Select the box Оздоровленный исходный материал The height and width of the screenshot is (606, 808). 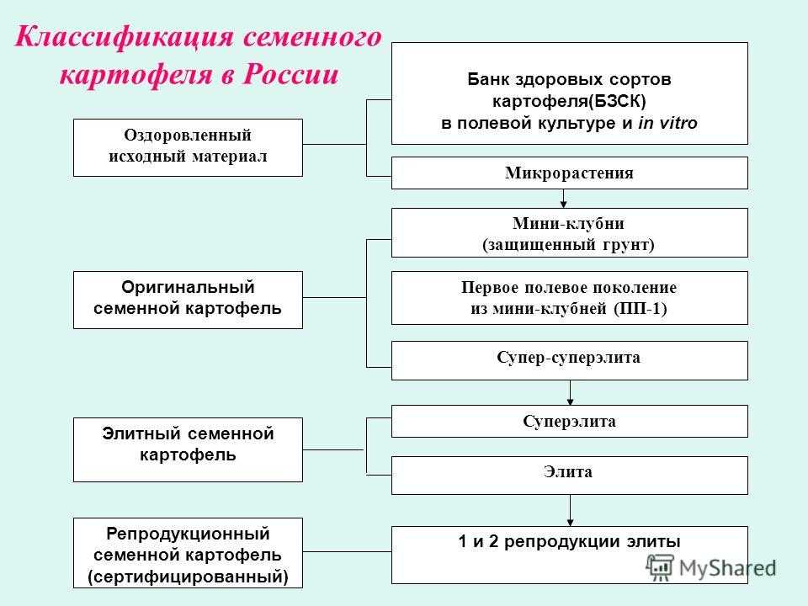click(x=188, y=147)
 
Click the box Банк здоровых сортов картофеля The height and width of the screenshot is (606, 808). click(x=570, y=93)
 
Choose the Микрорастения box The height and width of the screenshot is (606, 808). click(x=570, y=173)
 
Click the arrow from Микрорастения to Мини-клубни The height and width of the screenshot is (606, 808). click(x=564, y=198)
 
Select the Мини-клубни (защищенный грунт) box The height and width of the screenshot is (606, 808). click(x=570, y=232)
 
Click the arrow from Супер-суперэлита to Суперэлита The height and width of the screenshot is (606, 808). click(x=571, y=392)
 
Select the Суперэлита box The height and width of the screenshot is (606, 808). click(x=570, y=421)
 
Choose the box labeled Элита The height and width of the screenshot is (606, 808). click(x=570, y=474)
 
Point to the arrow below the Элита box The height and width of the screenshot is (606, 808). click(x=571, y=510)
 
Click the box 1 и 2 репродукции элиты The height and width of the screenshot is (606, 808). click(x=570, y=554)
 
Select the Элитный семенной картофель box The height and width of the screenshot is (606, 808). click(x=188, y=449)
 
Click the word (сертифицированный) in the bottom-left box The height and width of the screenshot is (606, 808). click(x=188, y=577)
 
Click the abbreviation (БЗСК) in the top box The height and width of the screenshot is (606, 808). click(x=616, y=101)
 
